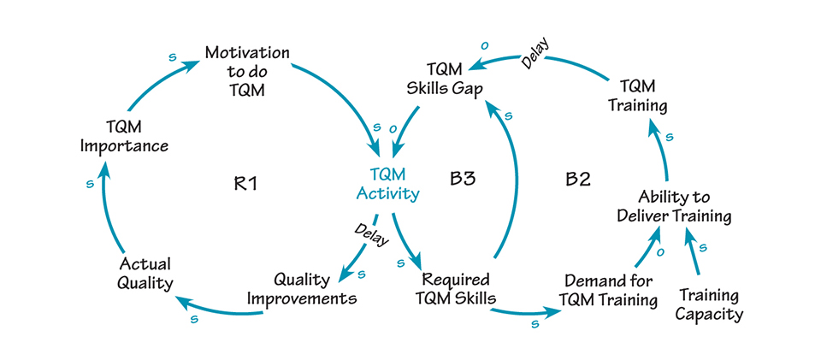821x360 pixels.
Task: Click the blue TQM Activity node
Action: pyautogui.click(x=387, y=183)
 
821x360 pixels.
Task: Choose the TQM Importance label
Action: pyautogui.click(x=124, y=135)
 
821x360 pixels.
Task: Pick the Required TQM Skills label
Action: pyautogui.click(x=456, y=289)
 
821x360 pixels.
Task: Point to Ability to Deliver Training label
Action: pyautogui.click(x=675, y=206)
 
